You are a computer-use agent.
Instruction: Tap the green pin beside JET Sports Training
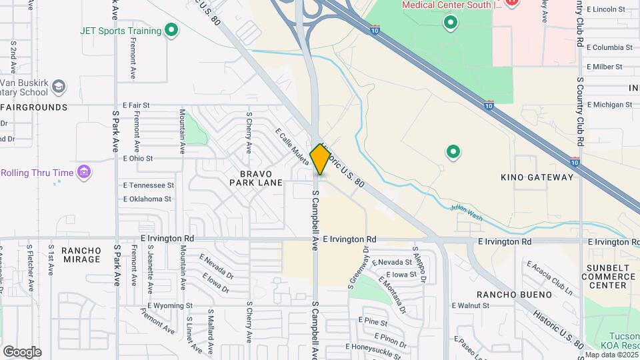(171, 31)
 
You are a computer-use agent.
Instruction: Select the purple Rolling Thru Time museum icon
(85, 173)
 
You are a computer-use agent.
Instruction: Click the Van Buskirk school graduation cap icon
(59, 87)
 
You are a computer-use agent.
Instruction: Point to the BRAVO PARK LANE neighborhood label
(257, 177)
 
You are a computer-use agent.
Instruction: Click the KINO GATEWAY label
(537, 177)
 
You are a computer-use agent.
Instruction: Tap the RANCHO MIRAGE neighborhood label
(81, 255)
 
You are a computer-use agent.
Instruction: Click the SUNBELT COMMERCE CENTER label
(603, 276)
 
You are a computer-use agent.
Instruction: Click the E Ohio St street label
(138, 159)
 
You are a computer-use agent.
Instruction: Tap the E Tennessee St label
(148, 185)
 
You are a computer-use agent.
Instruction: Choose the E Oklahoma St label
(147, 199)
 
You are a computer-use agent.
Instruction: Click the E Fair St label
(136, 105)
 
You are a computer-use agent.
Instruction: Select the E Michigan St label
(609, 105)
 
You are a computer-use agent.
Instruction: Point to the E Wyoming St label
(167, 306)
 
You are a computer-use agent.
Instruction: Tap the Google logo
(22, 352)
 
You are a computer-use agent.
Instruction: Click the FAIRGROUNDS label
(33, 107)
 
